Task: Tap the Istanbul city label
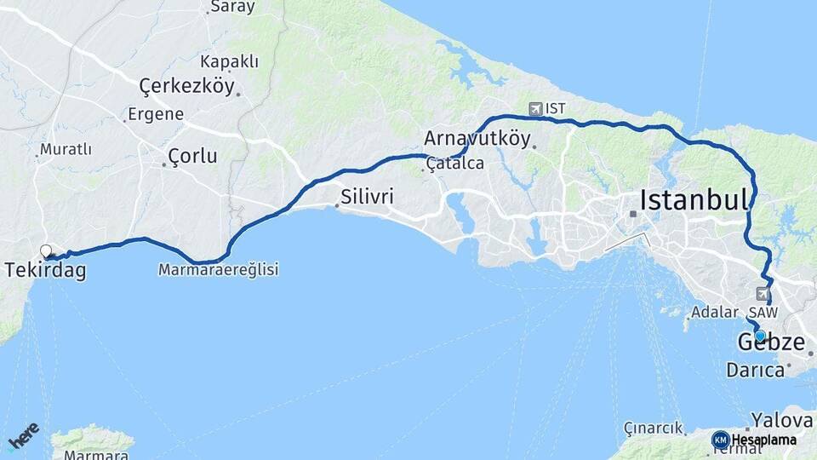coord(694,200)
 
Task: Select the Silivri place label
coord(367,196)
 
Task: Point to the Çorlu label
coord(192,157)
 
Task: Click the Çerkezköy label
coord(186,86)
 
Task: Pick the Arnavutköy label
coord(477,138)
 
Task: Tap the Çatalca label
coord(455,162)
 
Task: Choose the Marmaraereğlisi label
coord(219,269)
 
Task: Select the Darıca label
coord(755,371)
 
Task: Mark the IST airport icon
coord(535,108)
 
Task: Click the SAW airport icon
coord(761,293)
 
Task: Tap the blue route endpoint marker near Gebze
coord(760,336)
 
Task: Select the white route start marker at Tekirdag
coord(46,250)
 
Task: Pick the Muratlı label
coord(66,150)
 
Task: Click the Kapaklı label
coord(230,62)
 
